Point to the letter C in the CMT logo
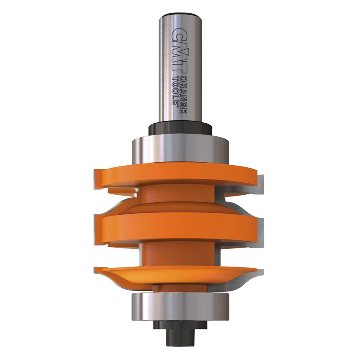176,34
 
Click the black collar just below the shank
180,129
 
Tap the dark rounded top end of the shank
180,17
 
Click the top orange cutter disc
173,175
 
